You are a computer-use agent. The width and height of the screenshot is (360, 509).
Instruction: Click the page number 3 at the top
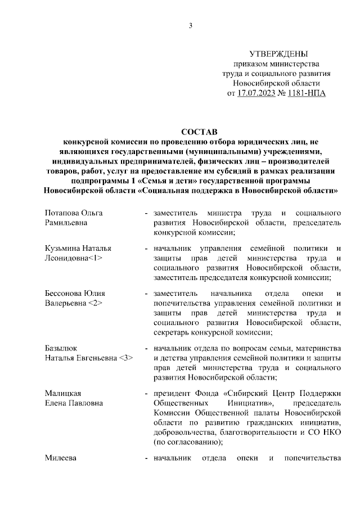(x=191, y=26)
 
